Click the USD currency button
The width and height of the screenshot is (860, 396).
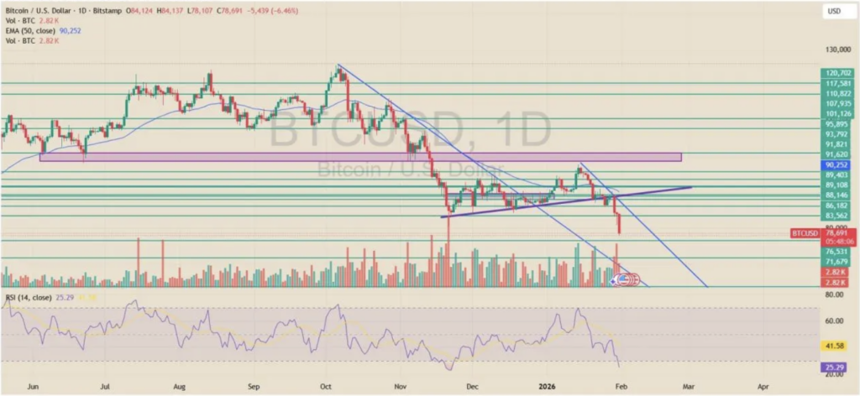[x=834, y=11]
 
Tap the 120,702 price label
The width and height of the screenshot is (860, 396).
[x=837, y=74]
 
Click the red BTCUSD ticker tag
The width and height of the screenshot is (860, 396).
[x=804, y=231]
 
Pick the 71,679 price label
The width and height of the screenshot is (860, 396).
[x=837, y=263]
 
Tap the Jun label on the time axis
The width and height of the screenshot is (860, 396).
[x=34, y=388]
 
